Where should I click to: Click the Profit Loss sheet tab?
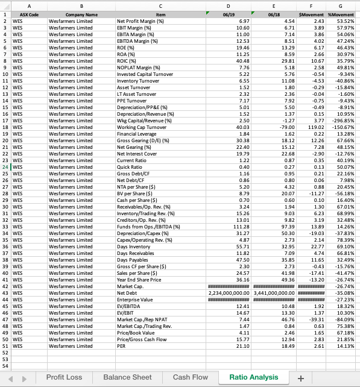(64, 377)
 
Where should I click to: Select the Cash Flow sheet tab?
(190, 377)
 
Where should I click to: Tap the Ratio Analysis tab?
(254, 377)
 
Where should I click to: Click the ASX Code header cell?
(29, 14)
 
